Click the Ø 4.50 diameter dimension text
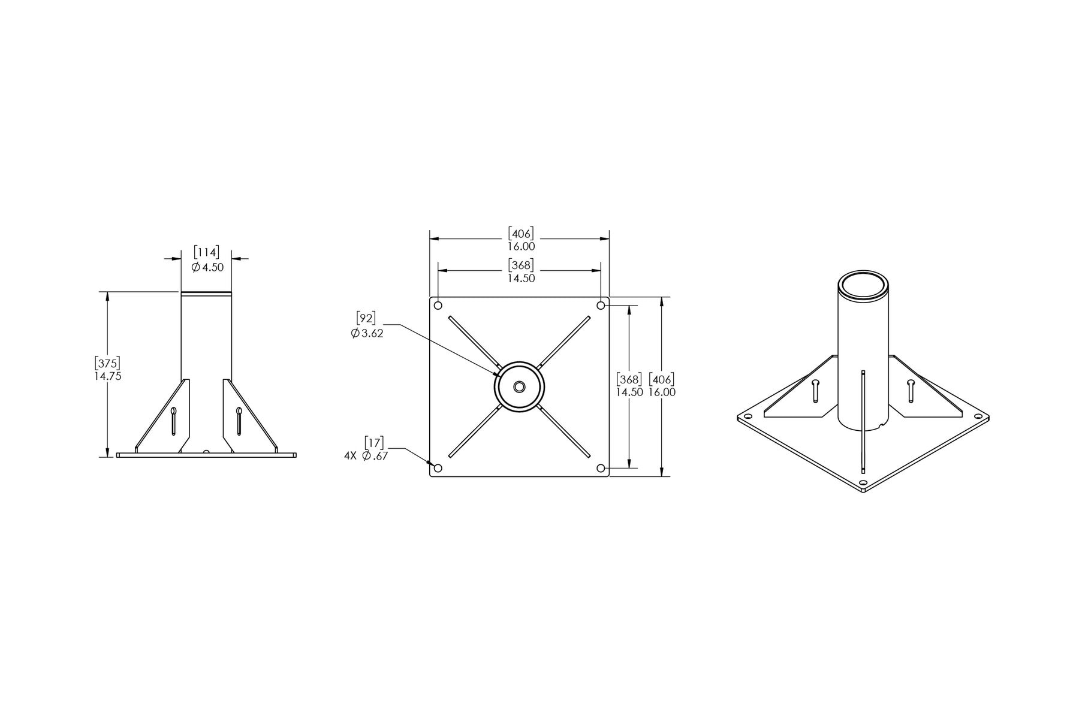coord(207,267)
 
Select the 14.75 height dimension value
coord(108,376)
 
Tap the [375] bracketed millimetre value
coord(108,363)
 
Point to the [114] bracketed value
coord(206,252)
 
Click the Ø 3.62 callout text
coord(367,333)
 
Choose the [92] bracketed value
coord(366,318)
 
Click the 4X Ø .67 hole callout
coord(366,456)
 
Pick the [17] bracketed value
coord(375,443)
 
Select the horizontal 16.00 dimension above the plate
coord(521,246)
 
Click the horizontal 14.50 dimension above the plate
coord(521,278)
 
